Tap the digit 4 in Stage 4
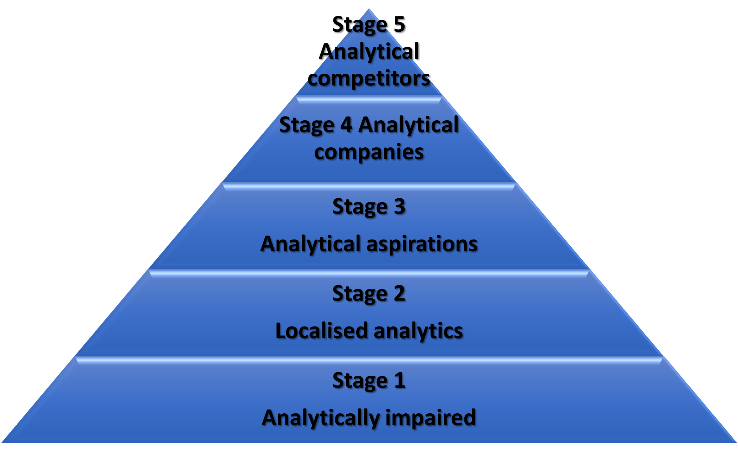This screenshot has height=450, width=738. tap(346, 125)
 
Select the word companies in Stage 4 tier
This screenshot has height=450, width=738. tap(369, 152)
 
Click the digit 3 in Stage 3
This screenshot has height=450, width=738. tap(399, 206)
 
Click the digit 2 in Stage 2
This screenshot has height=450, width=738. tap(399, 293)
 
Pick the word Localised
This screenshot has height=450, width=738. tap(321, 331)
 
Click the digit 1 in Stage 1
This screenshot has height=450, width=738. tap(400, 380)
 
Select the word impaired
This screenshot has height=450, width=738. tap(431, 417)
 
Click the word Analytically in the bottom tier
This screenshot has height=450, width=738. tap(321, 418)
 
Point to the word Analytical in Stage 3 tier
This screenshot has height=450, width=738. tap(311, 244)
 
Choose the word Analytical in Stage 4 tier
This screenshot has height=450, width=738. tap(408, 125)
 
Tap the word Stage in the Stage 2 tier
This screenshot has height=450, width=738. tap(359, 294)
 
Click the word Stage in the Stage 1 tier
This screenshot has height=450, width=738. tap(359, 381)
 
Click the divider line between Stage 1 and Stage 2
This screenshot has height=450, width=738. tap(369, 360)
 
